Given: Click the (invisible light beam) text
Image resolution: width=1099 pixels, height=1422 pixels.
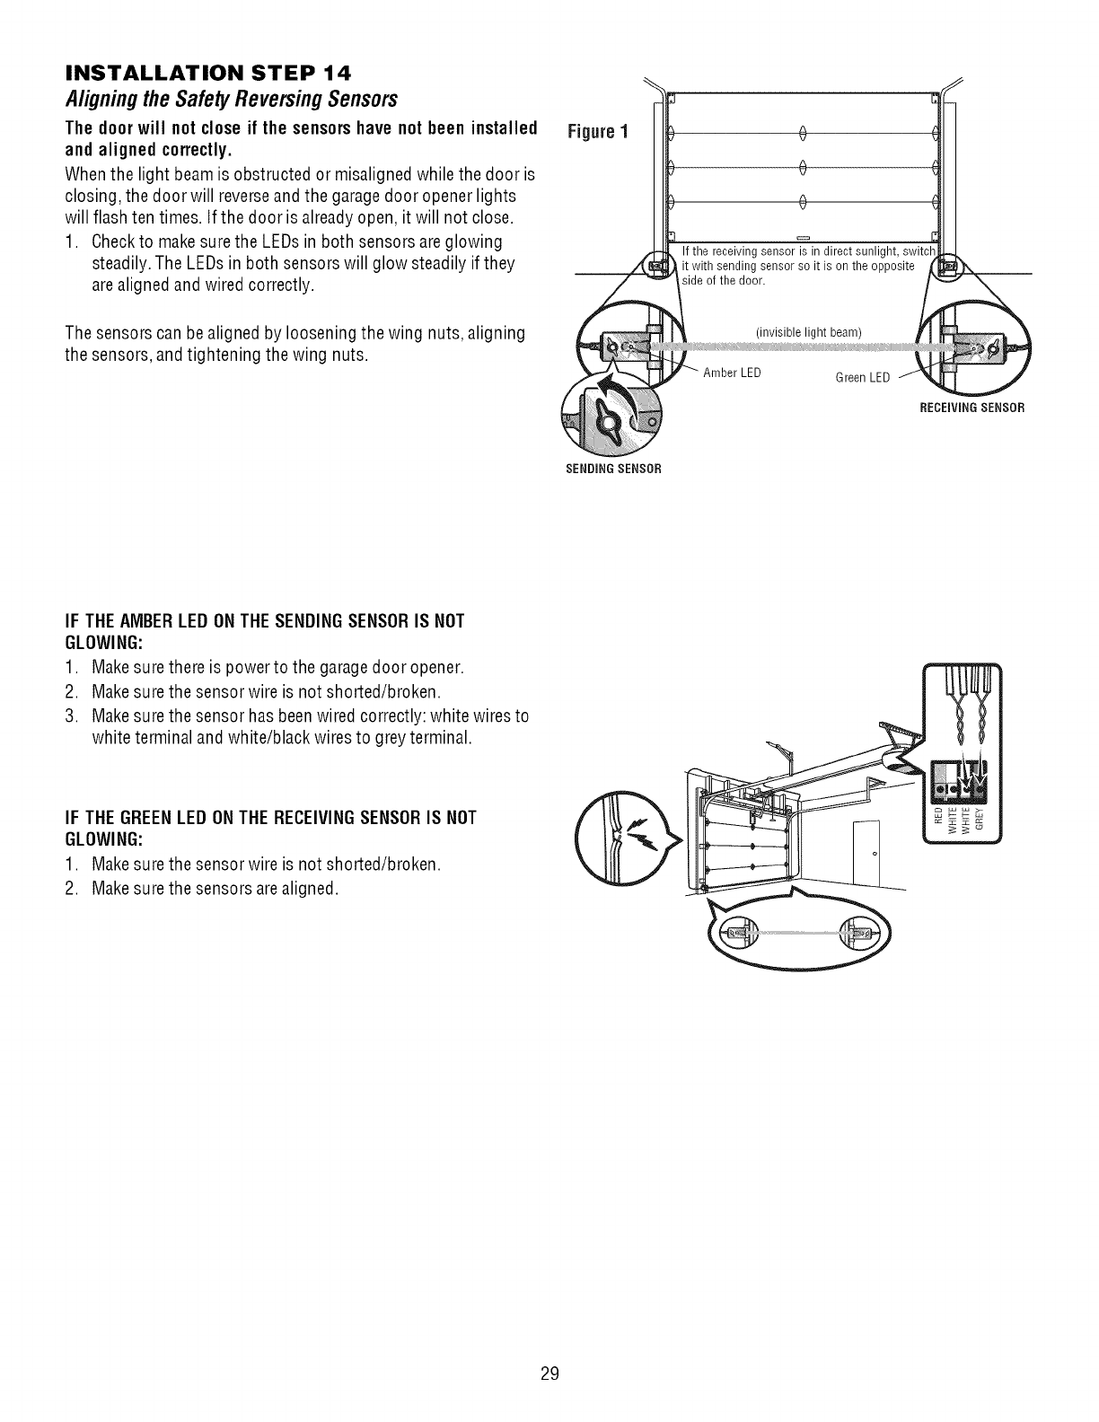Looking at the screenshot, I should pos(809,333).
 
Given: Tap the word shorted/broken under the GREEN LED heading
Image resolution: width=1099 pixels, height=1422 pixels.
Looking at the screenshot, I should pos(388,865).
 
